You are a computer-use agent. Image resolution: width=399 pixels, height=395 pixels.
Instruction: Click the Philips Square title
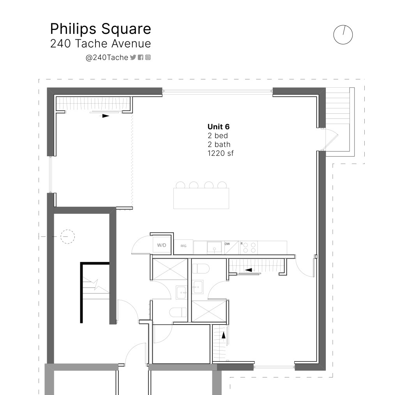101,29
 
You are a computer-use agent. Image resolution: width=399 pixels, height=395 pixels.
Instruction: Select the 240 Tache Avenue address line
101,44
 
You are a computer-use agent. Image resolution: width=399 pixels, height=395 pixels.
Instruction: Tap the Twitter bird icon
133,57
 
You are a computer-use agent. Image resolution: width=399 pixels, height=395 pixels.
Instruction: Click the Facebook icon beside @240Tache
140,57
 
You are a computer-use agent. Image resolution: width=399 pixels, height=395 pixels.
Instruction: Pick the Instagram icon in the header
148,57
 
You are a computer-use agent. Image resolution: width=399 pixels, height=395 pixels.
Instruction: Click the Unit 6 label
218,127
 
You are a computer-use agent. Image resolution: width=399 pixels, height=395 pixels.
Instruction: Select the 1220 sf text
221,153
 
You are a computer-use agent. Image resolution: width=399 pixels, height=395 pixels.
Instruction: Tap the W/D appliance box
162,245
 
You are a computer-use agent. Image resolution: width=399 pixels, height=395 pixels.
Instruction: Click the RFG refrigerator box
184,246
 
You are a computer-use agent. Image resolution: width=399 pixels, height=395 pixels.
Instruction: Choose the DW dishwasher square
231,247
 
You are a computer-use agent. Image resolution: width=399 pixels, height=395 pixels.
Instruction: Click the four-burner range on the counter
249,247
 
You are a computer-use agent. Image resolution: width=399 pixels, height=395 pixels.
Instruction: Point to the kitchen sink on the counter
214,248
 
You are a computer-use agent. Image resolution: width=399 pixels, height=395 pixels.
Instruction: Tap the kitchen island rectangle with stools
201,198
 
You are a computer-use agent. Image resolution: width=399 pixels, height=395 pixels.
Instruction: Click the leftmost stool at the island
180,185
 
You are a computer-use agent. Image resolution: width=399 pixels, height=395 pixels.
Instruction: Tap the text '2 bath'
219,145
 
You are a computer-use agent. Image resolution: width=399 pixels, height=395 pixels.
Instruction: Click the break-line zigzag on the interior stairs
97,284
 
